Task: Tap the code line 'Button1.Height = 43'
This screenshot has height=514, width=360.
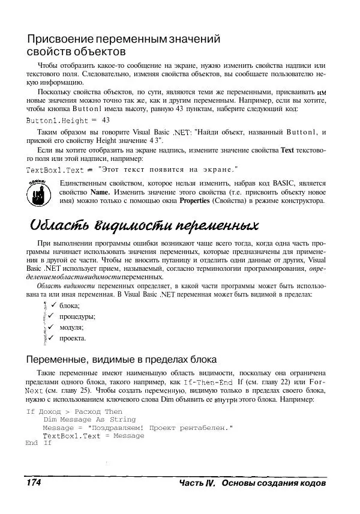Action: tap(67, 121)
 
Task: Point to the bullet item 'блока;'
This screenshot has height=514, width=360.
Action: tap(69, 306)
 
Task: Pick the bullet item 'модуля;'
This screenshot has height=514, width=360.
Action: tap(71, 327)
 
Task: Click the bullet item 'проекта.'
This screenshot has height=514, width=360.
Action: tap(73, 338)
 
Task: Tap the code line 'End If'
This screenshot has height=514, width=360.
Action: tap(39, 443)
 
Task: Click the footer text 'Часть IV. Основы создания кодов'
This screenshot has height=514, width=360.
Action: tap(252, 483)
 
